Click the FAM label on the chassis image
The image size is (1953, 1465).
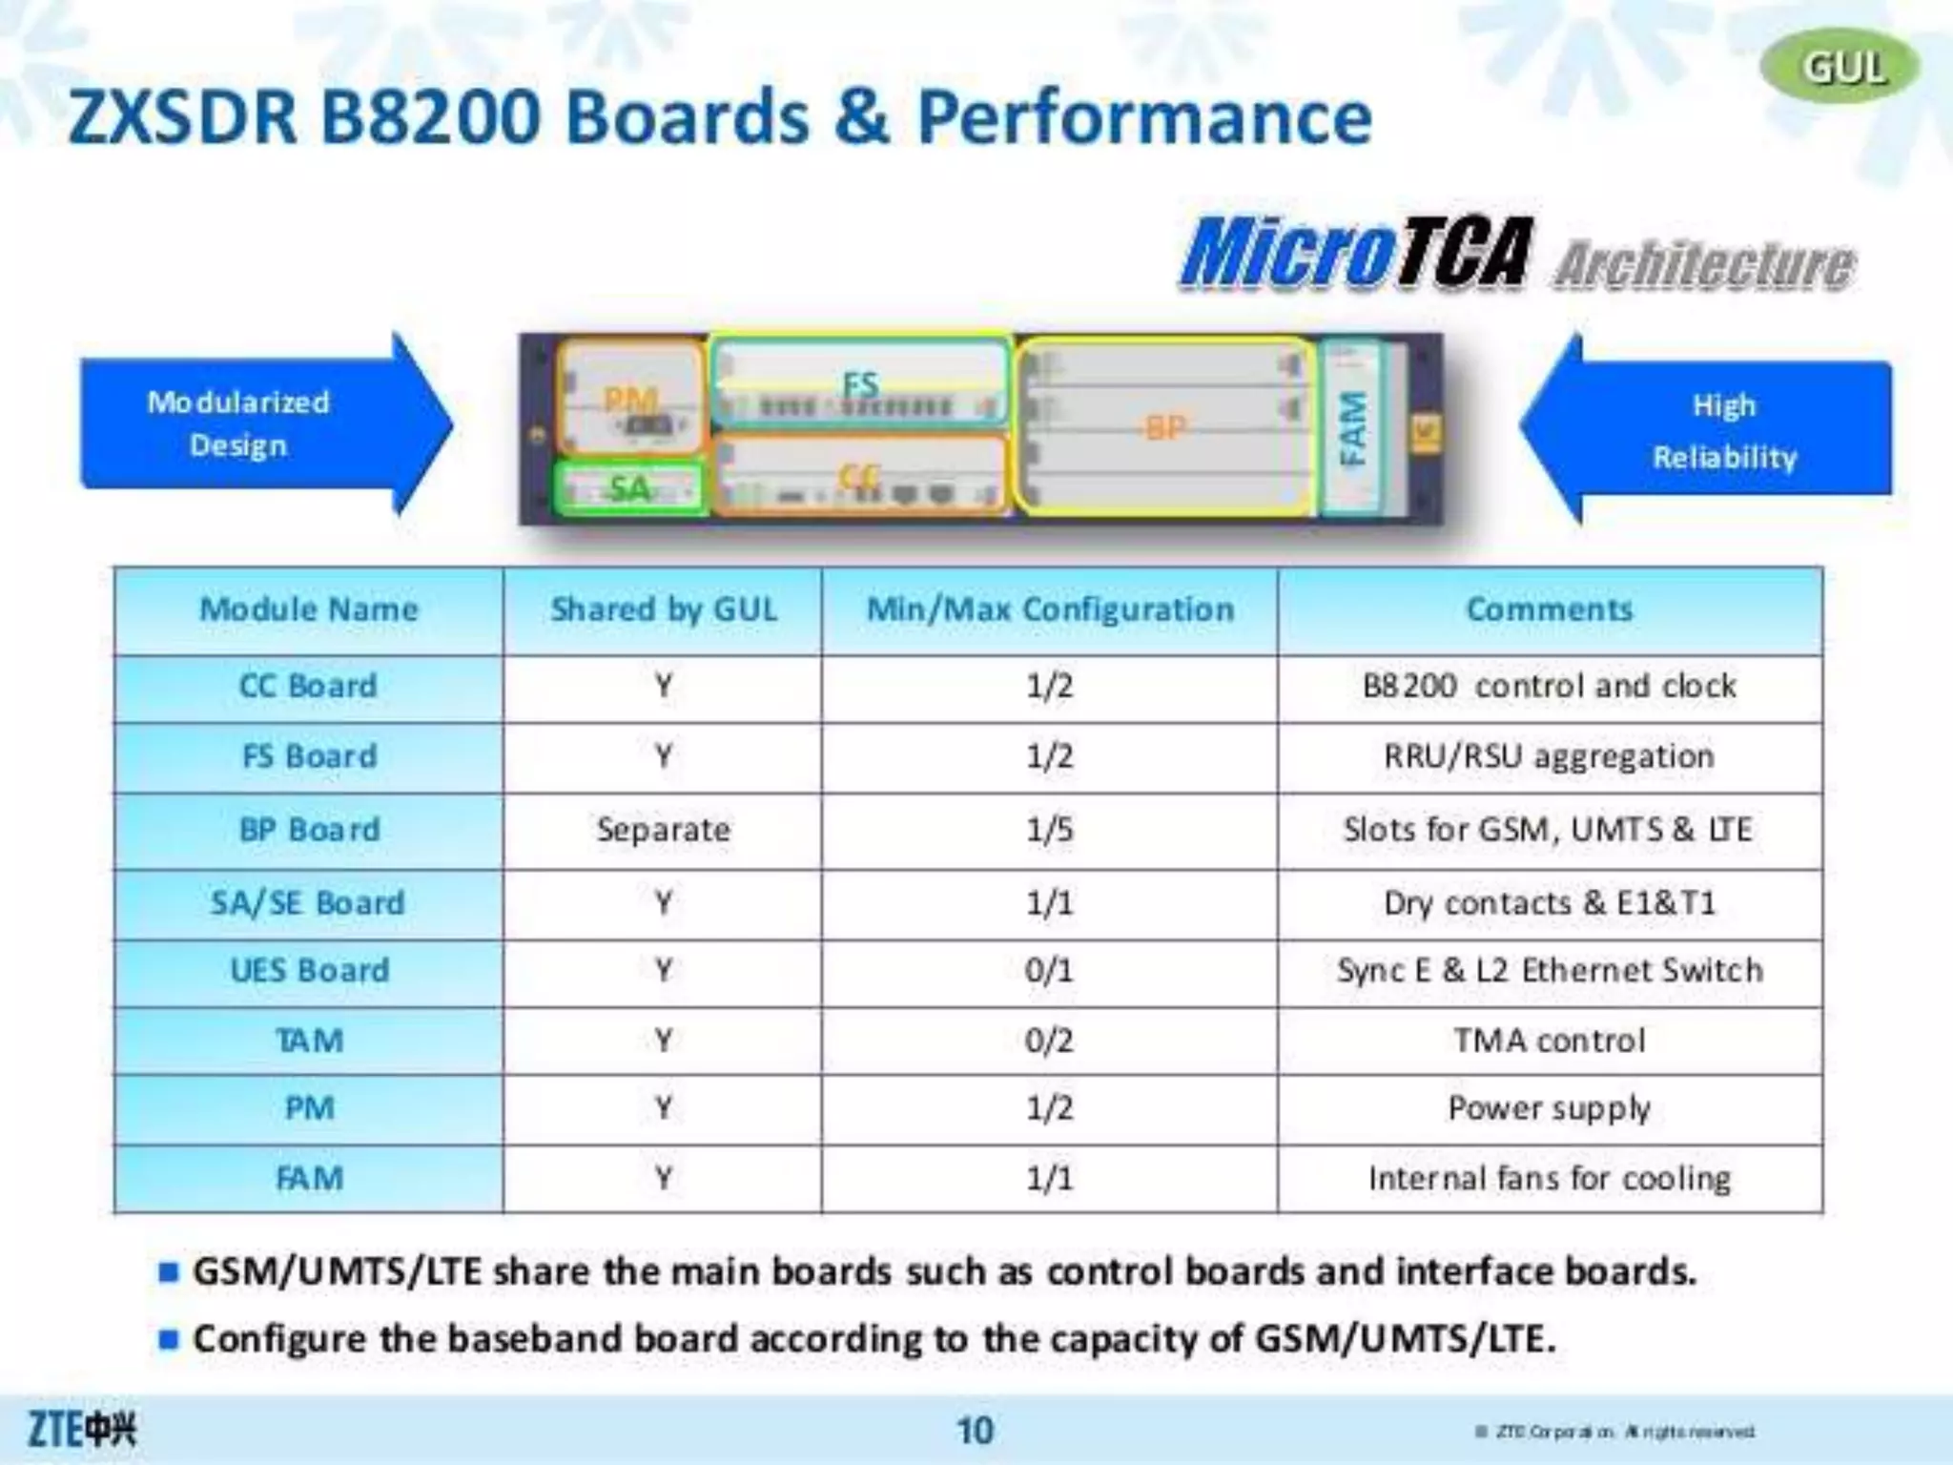1353,428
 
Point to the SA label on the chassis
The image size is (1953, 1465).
629,488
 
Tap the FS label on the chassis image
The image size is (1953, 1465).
860,385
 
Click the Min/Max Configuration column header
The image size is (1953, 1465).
1049,609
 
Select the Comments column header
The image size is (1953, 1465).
1549,609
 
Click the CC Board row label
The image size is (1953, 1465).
308,686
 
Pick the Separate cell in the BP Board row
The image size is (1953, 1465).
663,829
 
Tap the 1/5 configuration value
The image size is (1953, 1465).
1049,829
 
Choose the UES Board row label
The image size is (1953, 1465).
309,970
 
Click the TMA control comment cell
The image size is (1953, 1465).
1549,1040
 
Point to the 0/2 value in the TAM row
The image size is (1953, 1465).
1049,1040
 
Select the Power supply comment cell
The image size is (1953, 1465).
1549,1108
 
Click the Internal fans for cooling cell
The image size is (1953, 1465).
1549,1179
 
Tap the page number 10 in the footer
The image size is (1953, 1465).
975,1431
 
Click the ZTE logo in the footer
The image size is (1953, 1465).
82,1429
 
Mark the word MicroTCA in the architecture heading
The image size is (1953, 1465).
1354,253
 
